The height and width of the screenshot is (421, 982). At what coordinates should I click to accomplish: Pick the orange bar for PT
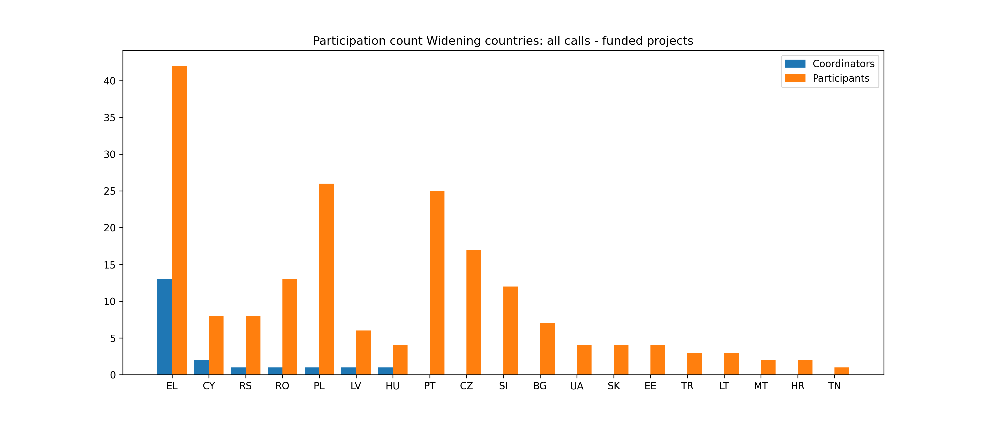click(437, 283)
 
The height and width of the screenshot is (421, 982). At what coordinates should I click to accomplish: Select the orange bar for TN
click(842, 371)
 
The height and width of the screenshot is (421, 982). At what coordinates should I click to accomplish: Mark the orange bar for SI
click(510, 331)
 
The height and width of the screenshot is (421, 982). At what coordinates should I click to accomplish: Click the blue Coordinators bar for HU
click(385, 371)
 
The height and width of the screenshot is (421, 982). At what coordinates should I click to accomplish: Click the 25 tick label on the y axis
click(110, 191)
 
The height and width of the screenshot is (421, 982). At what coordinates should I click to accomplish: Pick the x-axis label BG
click(540, 386)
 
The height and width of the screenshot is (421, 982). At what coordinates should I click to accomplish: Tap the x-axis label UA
click(577, 386)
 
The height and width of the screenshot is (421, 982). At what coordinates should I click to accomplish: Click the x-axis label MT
click(761, 386)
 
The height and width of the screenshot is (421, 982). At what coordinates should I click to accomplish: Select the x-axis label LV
click(356, 386)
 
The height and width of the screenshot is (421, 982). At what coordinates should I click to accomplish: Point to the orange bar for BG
click(547, 349)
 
